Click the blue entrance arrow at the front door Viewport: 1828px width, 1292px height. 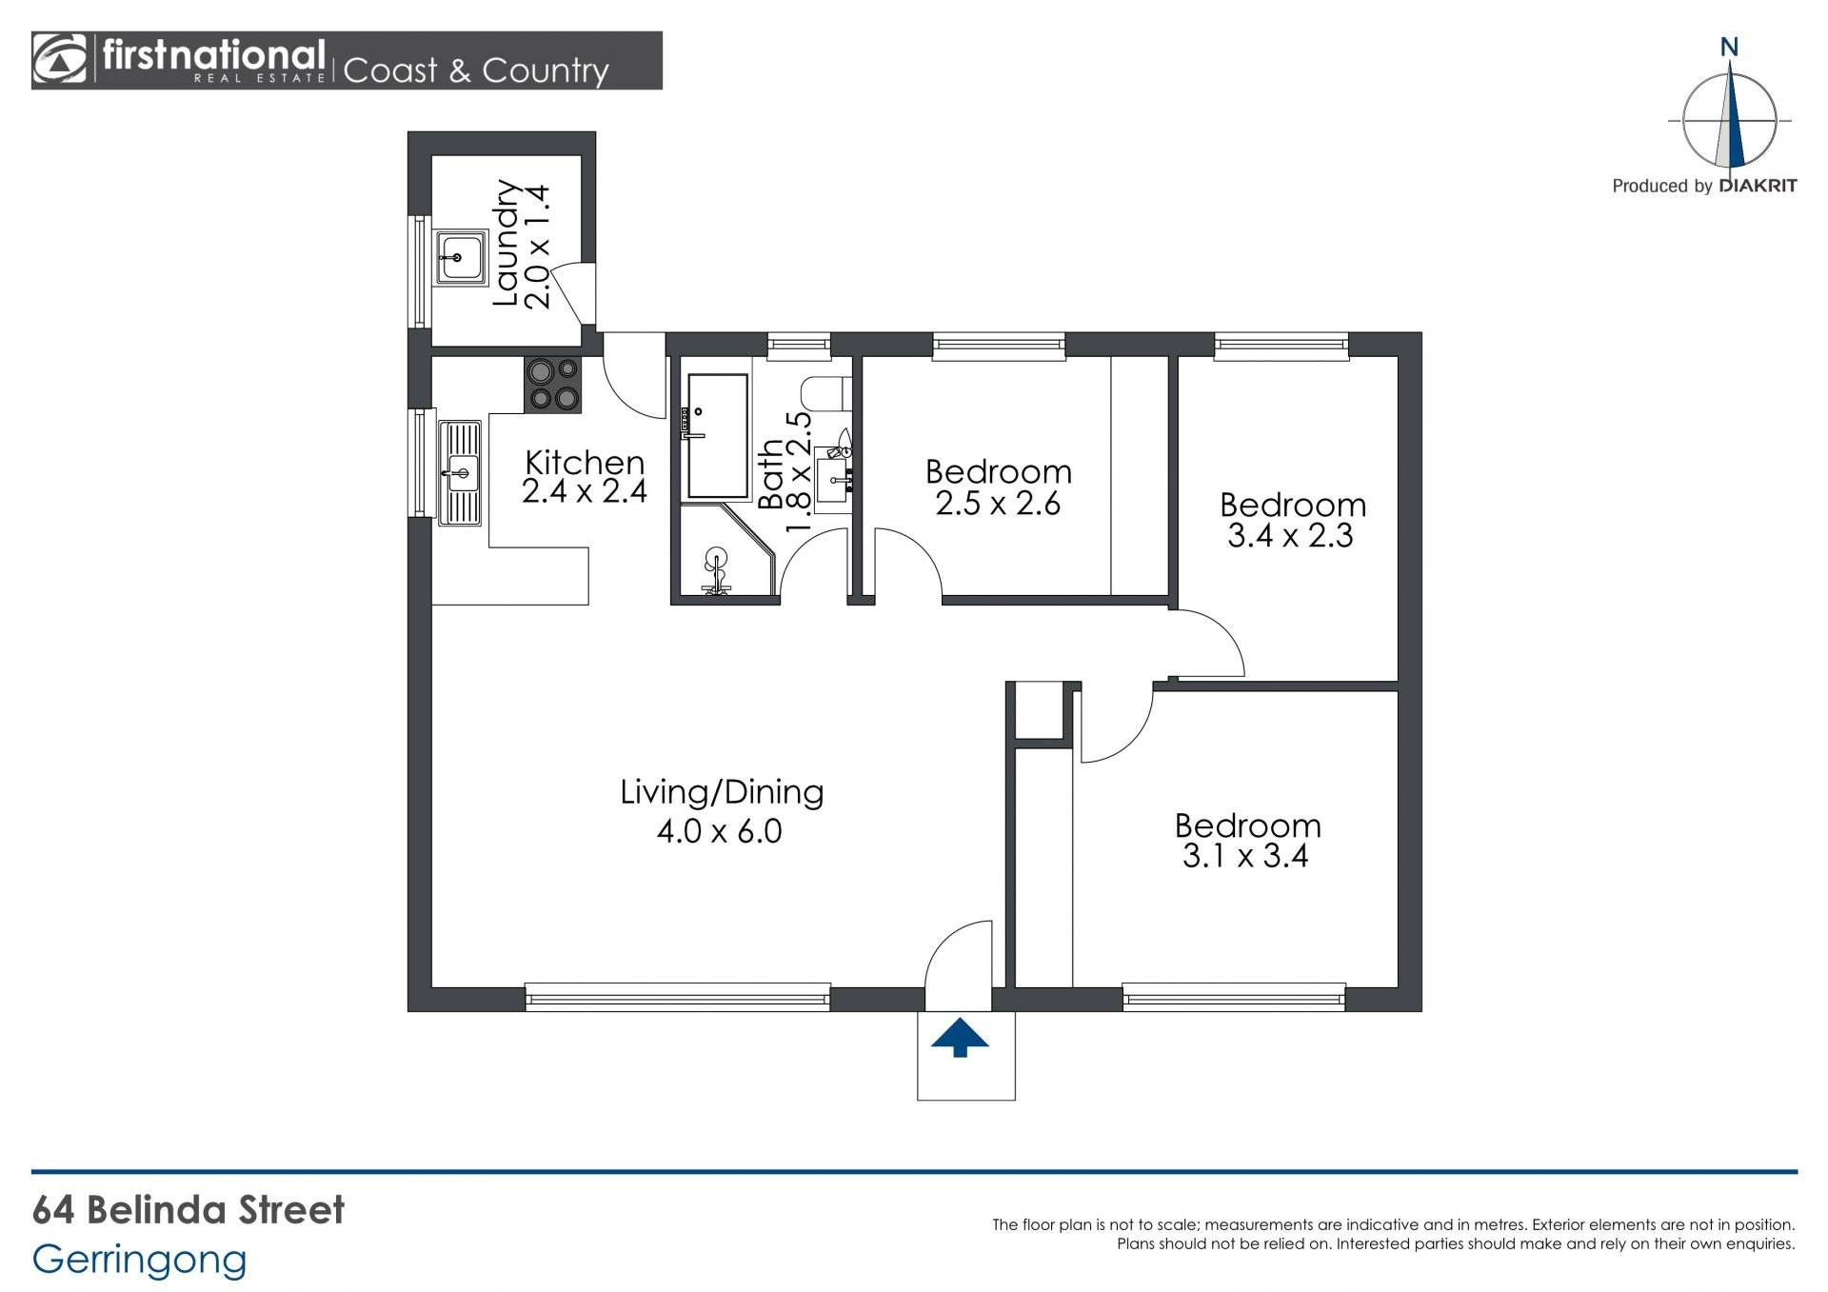point(960,1038)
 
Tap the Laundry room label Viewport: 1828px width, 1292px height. point(506,244)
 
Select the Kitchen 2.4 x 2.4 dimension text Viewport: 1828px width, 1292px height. point(585,491)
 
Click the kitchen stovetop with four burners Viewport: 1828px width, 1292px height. point(553,385)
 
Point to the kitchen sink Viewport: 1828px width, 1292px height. point(462,473)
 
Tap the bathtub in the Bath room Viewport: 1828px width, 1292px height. point(717,436)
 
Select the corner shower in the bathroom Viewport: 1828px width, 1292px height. point(724,551)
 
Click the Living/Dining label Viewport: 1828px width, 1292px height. point(722,792)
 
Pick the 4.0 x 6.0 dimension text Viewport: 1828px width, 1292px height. point(720,831)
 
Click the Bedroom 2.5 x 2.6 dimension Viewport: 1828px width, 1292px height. point(998,503)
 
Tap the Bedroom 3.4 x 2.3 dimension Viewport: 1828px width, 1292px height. point(1290,535)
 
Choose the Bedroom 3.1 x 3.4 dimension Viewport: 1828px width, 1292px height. point(1245,856)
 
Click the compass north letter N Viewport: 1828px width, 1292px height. point(1730,47)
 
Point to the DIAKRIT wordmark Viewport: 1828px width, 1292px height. point(1758,186)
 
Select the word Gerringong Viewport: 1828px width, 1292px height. point(139,1260)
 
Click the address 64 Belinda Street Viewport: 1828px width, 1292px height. point(189,1210)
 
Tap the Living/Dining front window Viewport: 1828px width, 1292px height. point(678,998)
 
